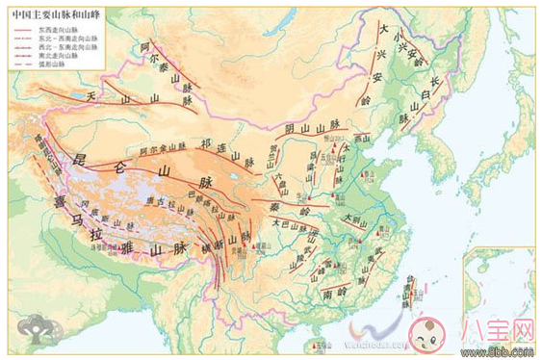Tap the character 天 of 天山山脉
[x=92, y=97]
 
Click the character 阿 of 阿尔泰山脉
[x=144, y=46]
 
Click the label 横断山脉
[x=234, y=245]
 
